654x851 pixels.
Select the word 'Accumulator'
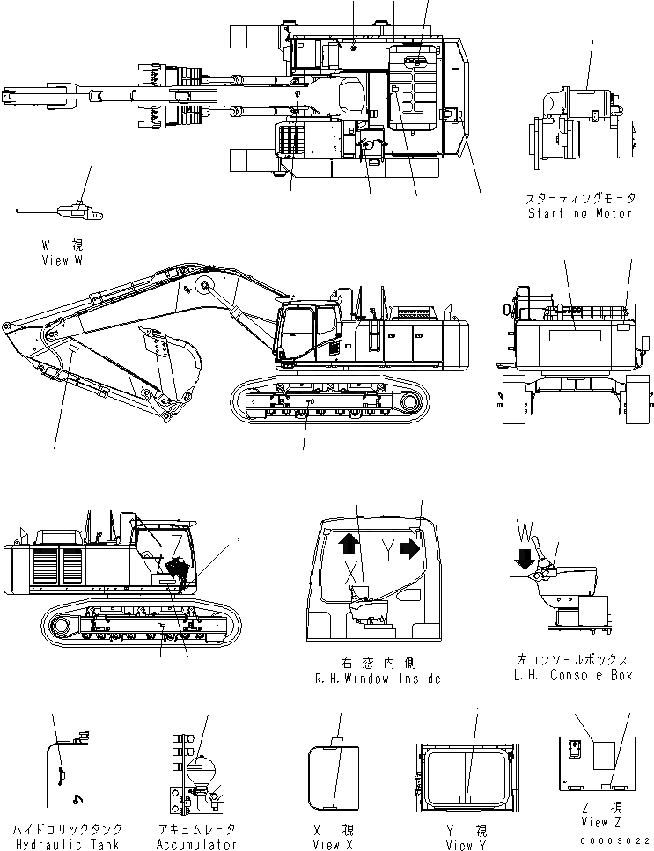(197, 844)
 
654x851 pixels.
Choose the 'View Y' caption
(460, 845)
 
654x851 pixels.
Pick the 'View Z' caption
(594, 823)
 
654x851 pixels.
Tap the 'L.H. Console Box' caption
(573, 675)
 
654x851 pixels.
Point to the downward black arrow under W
(525, 557)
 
